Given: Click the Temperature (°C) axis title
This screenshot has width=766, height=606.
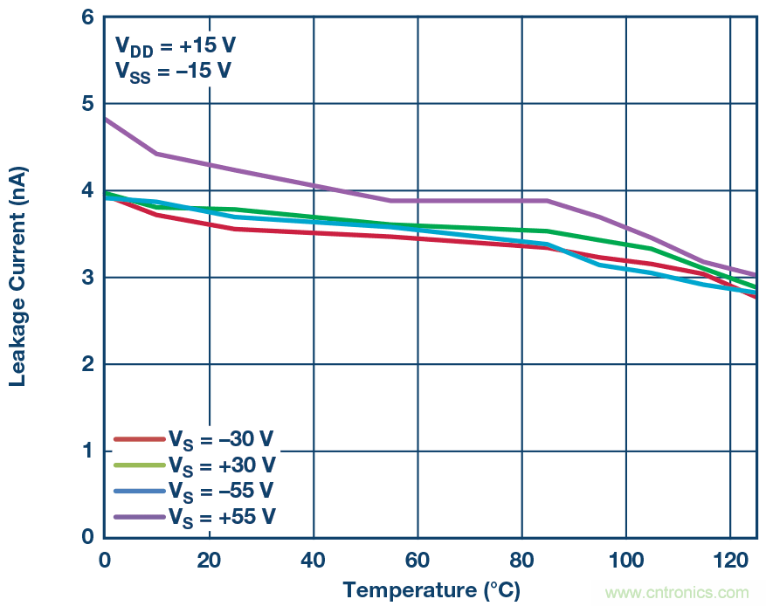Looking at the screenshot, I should [x=431, y=590].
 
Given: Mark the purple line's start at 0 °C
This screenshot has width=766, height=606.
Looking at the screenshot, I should [x=106, y=119].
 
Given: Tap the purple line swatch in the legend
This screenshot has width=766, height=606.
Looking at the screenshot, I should [x=139, y=516].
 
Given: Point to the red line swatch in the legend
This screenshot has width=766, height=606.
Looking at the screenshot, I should [x=139, y=439].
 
